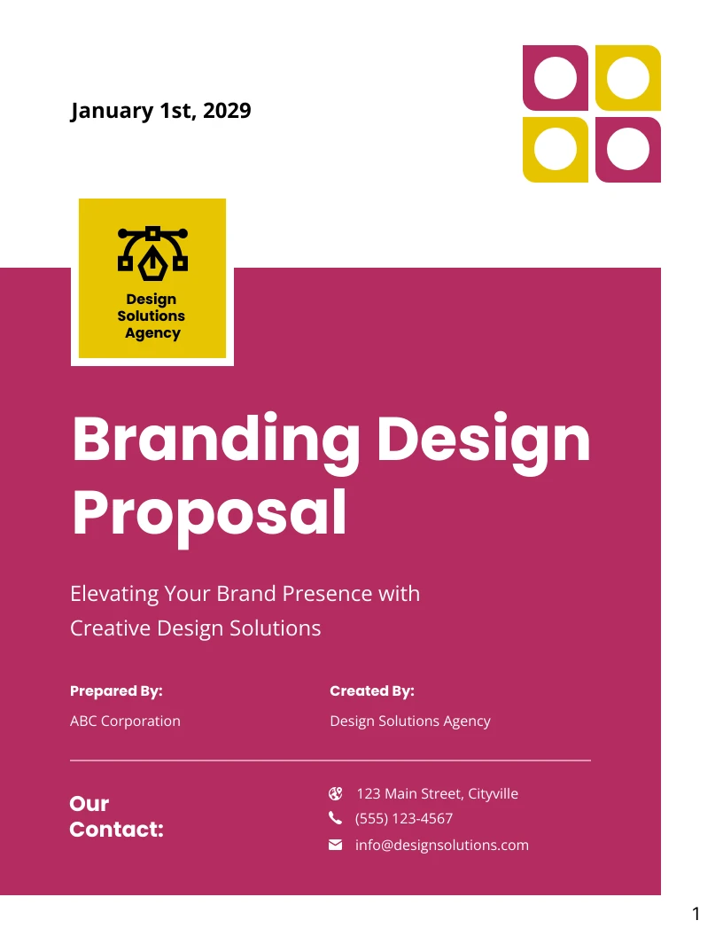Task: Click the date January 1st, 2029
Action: tap(160, 111)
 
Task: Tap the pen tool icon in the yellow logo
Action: tap(152, 250)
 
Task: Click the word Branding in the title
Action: tap(216, 440)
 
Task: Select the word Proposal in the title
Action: tap(209, 512)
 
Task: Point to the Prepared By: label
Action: tap(116, 690)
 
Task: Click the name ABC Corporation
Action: tap(125, 721)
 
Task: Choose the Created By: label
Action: tap(372, 690)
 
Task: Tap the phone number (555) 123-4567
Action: tap(404, 818)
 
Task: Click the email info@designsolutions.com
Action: tap(441, 845)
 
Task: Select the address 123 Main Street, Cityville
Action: tap(437, 793)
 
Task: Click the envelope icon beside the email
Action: tap(336, 845)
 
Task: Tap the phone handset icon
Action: tap(335, 818)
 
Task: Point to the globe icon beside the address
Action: tap(335, 793)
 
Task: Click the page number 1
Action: tap(696, 914)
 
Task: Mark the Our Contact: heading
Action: tap(116, 816)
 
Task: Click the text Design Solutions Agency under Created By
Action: tap(409, 721)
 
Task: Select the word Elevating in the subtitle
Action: tap(114, 593)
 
